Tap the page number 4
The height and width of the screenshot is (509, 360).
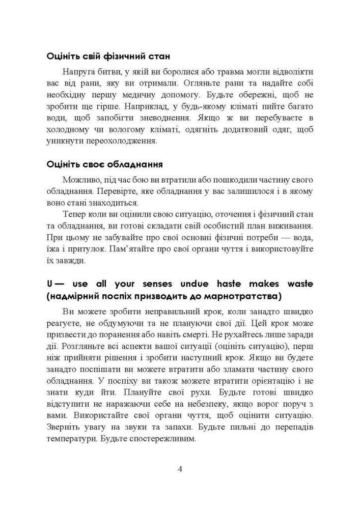tap(180, 469)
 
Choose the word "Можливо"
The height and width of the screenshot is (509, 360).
tap(80, 181)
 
